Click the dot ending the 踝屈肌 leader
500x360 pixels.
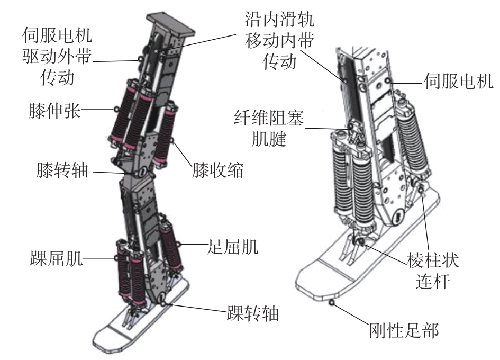pyautogui.click(x=116, y=258)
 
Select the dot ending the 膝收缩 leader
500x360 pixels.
pyautogui.click(x=172, y=140)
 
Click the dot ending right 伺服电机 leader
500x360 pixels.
pyautogui.click(x=388, y=80)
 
